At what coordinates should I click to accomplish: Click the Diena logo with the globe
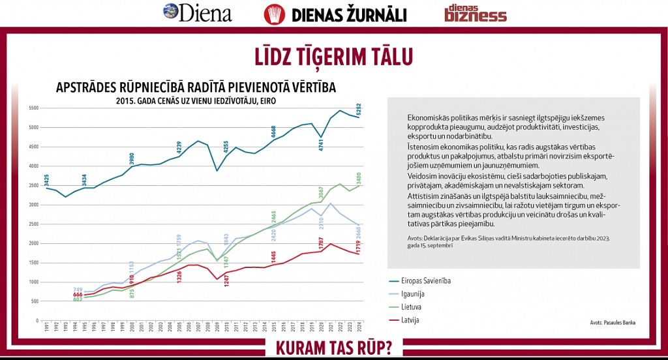pyautogui.click(x=197, y=12)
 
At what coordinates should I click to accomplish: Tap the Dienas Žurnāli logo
pyautogui.click(x=335, y=14)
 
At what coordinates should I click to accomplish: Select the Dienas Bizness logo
pyautogui.click(x=475, y=13)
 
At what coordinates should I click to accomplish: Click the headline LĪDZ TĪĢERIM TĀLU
pyautogui.click(x=333, y=57)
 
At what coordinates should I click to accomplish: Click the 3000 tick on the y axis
pyautogui.click(x=33, y=205)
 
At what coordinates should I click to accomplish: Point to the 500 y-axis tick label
pyautogui.click(x=35, y=301)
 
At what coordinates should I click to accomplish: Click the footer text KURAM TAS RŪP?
pyautogui.click(x=334, y=347)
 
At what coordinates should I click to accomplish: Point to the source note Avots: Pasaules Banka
pyautogui.click(x=612, y=322)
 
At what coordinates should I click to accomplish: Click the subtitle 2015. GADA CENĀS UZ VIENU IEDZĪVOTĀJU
pyautogui.click(x=196, y=101)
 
